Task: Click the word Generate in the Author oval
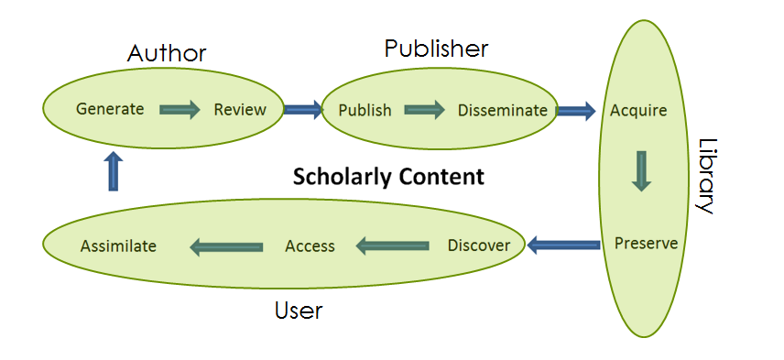pos(110,109)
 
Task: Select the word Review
pos(240,110)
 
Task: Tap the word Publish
pos(365,111)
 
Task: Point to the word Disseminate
pos(503,111)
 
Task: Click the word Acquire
pos(638,111)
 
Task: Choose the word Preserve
pos(647,244)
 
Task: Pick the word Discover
pos(478,245)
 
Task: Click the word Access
pos(310,245)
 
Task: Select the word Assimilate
pos(118,245)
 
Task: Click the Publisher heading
pos(436,48)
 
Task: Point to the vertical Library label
pos(706,176)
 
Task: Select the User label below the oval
pos(299,311)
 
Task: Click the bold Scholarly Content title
pos(388,177)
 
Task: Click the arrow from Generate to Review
pos(180,110)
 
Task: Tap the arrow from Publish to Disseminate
pos(424,111)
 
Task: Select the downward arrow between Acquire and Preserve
pos(641,171)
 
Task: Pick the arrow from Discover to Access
pos(392,245)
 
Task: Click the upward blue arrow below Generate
pos(113,171)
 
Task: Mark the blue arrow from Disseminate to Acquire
pos(576,111)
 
